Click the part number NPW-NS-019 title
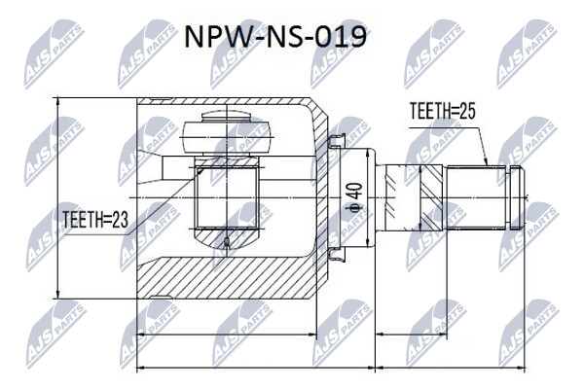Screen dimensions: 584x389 click(x=275, y=37)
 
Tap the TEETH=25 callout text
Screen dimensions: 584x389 click(x=443, y=111)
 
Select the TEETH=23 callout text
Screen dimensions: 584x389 click(x=95, y=220)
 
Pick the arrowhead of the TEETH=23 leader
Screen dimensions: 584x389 click(x=201, y=170)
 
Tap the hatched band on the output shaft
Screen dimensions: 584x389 click(x=431, y=196)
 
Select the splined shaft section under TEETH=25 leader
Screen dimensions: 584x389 click(x=477, y=196)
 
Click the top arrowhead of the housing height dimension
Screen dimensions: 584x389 click(x=57, y=103)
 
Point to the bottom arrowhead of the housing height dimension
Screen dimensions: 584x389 click(x=57, y=293)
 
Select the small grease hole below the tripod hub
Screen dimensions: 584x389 click(x=226, y=243)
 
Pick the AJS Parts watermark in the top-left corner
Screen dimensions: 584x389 click(x=55, y=54)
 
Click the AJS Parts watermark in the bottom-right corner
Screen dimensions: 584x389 click(x=529, y=334)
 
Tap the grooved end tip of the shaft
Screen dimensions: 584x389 click(x=517, y=197)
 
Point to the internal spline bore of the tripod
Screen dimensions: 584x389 click(x=227, y=197)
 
